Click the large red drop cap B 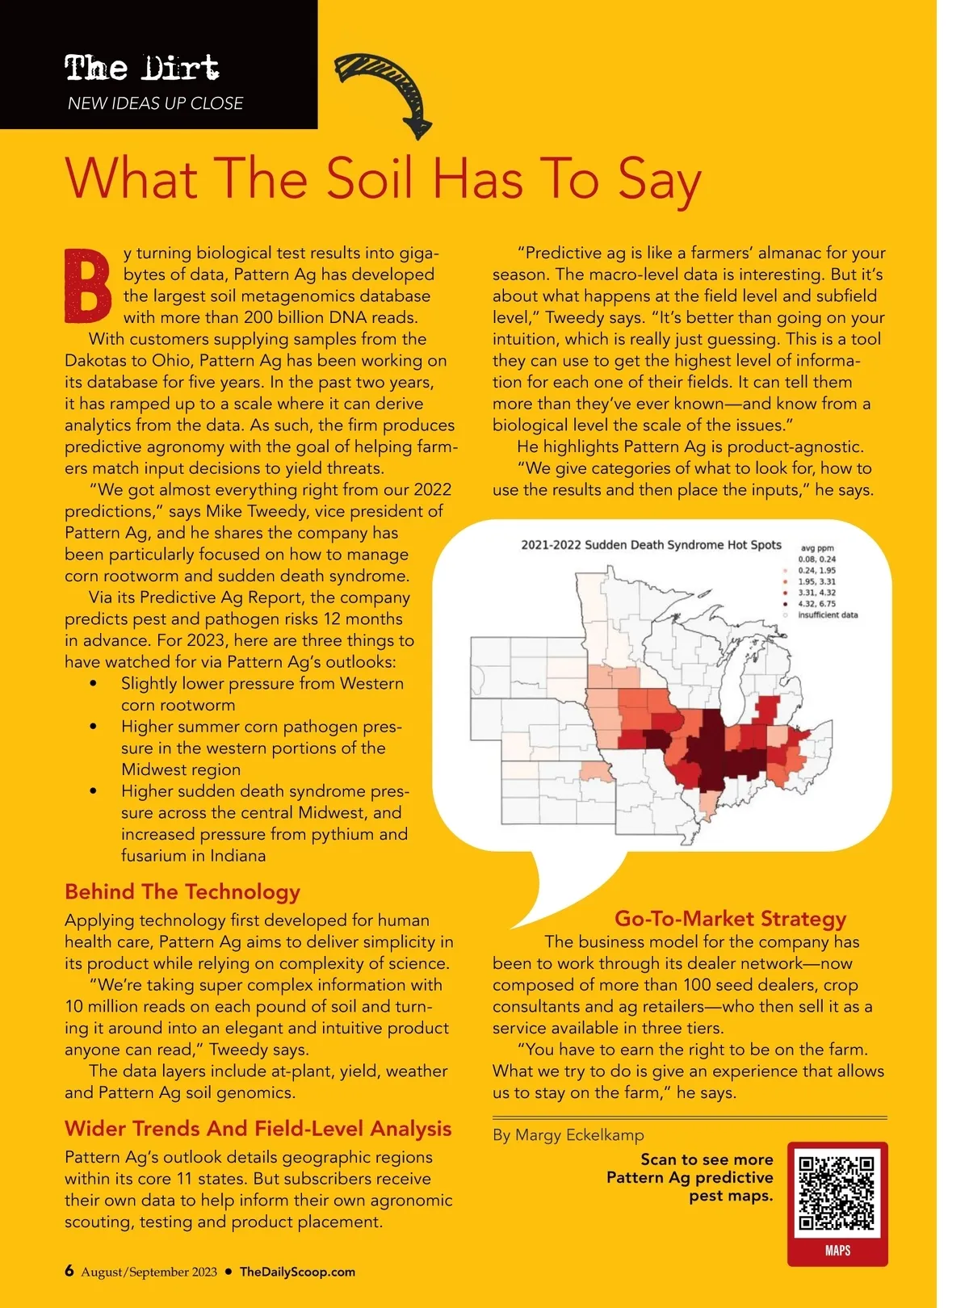[x=87, y=287]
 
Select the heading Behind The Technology [x=182, y=891]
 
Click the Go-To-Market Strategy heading [x=730, y=918]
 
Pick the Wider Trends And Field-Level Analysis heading [x=258, y=1128]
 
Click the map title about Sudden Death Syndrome [x=651, y=545]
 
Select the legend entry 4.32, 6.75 [x=816, y=604]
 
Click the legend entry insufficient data [x=827, y=615]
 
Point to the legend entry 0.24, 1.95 [x=816, y=570]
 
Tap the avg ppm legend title [x=817, y=548]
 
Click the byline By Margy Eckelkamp [x=568, y=1135]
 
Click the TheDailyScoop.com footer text [x=297, y=1272]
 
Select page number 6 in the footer [x=69, y=1271]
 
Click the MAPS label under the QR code [x=837, y=1251]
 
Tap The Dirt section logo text [x=142, y=68]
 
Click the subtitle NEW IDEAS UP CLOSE [x=156, y=103]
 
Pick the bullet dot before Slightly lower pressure [x=94, y=684]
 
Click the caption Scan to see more [x=707, y=1159]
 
